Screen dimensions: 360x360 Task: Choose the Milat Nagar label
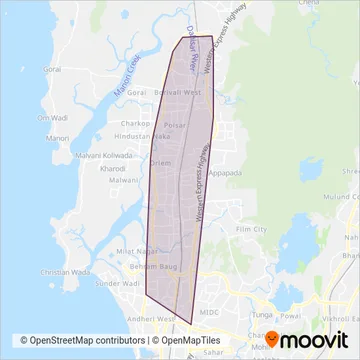tap(134, 251)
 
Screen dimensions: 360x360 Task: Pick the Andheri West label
tap(160, 319)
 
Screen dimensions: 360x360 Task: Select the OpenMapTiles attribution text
tap(188, 340)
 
